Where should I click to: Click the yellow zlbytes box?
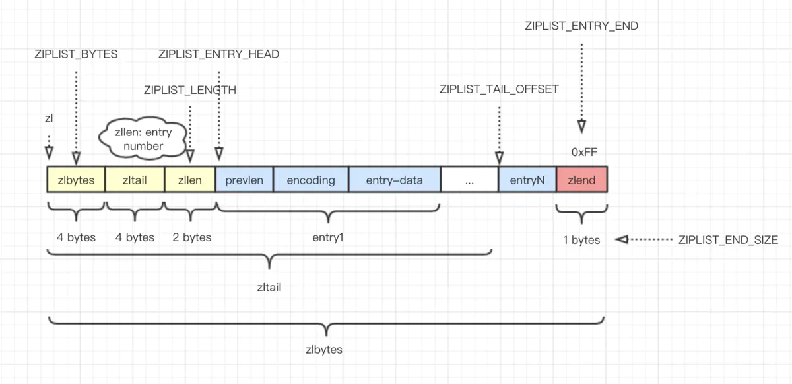(76, 180)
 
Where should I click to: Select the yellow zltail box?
(135, 180)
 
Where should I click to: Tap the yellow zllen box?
(190, 180)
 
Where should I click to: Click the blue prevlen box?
(244, 180)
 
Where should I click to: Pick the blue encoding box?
(311, 180)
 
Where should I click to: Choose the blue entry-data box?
(394, 180)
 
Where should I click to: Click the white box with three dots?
(469, 180)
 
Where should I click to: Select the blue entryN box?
(527, 180)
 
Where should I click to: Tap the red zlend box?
(581, 180)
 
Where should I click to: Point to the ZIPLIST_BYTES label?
(76, 54)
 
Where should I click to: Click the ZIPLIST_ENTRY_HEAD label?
(218, 54)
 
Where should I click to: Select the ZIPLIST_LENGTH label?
(190, 90)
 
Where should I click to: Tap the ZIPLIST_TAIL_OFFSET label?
(499, 89)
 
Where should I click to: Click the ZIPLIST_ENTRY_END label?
(581, 26)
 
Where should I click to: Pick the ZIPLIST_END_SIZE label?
(728, 240)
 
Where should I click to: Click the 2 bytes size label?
(192, 237)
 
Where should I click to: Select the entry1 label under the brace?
(328, 237)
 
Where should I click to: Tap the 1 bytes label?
(581, 240)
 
